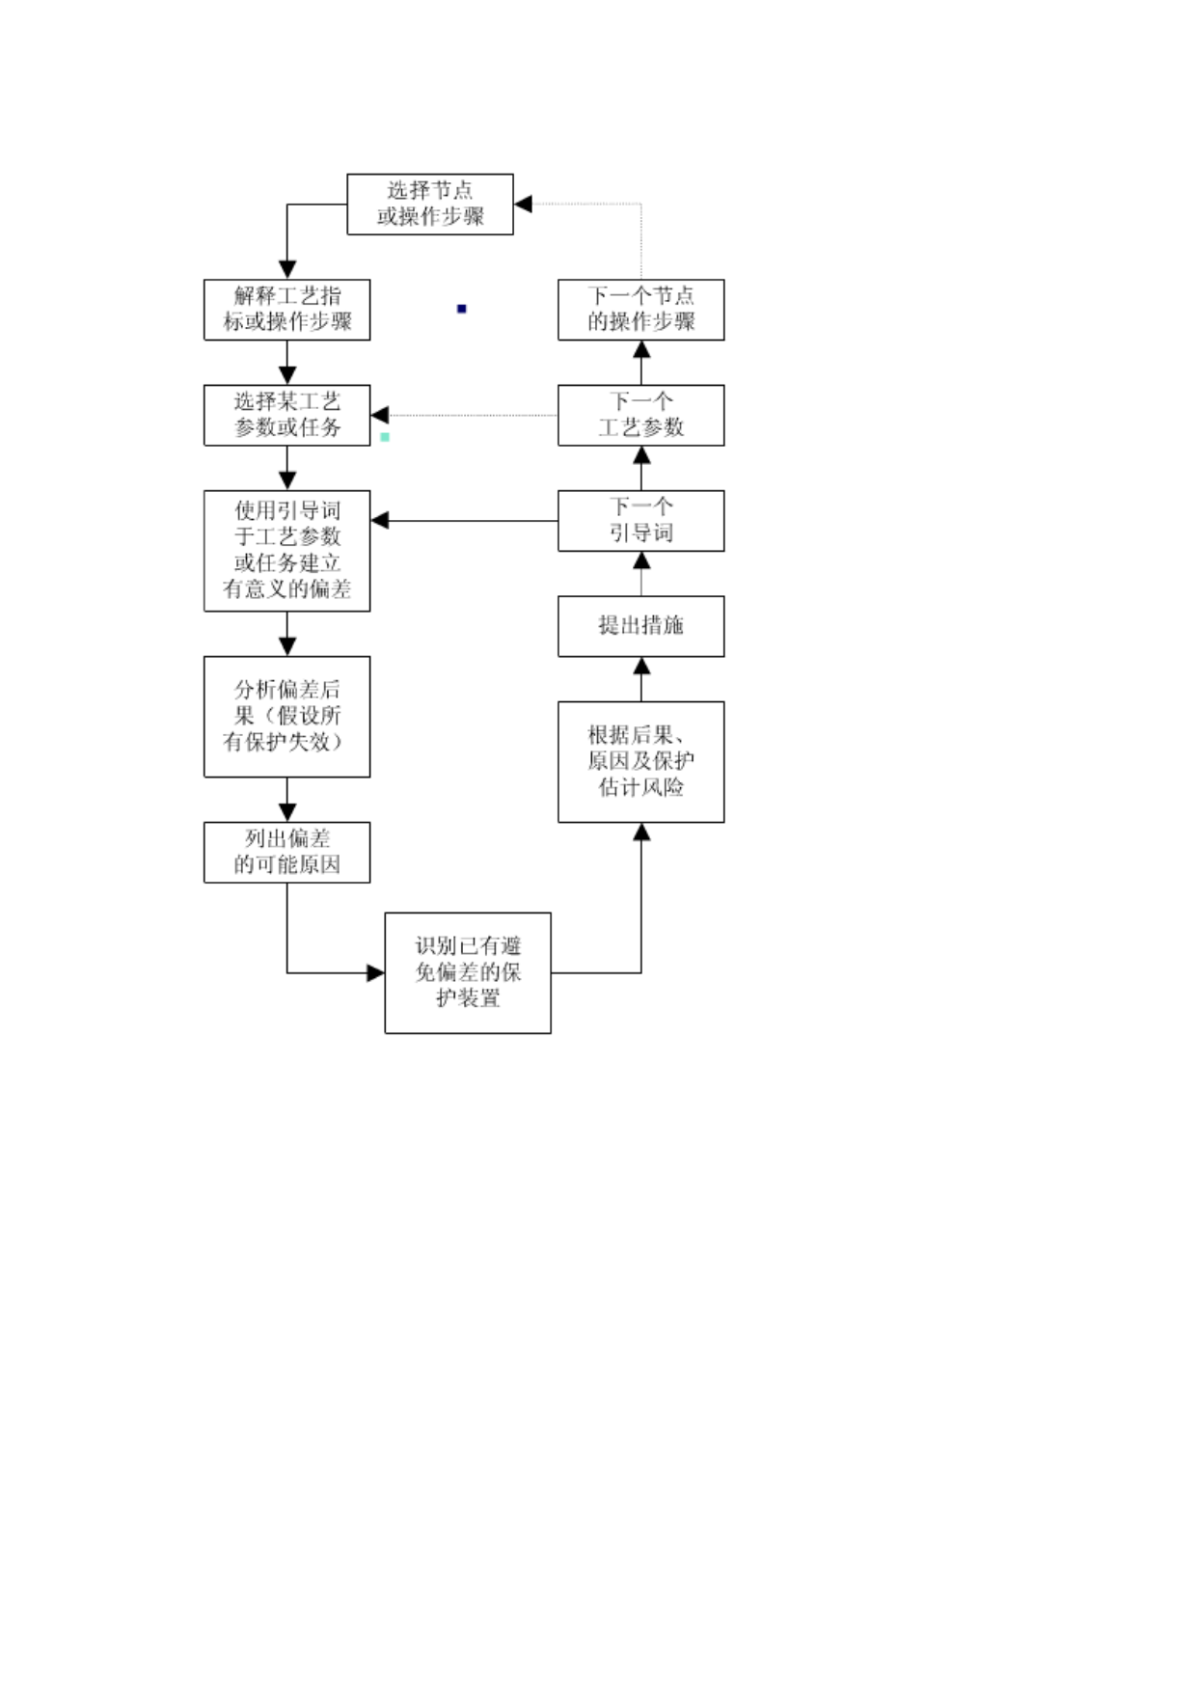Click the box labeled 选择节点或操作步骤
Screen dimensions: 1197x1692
[x=430, y=204]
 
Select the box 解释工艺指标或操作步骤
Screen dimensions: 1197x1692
[x=286, y=310]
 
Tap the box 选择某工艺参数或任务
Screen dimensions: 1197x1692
[x=286, y=415]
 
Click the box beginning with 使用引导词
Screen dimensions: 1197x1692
[x=286, y=551]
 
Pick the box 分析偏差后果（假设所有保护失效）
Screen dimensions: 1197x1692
[x=286, y=717]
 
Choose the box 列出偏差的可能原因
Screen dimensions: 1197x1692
[x=286, y=852]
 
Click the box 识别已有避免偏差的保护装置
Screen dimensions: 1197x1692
[x=468, y=972]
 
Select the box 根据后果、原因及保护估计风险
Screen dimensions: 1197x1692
[x=641, y=762]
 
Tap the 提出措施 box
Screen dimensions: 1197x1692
[x=641, y=626]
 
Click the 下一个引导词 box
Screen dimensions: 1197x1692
[x=641, y=521]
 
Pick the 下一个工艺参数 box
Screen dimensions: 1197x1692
[x=641, y=415]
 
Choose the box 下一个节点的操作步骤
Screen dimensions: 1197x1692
[x=641, y=310]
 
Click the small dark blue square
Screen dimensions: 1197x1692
[x=462, y=309]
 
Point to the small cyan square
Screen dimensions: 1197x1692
[x=385, y=437]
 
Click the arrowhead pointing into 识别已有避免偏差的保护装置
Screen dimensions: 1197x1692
[x=376, y=972]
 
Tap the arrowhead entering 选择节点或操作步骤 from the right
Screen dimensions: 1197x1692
[x=523, y=204]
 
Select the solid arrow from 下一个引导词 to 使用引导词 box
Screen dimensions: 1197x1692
[x=464, y=521]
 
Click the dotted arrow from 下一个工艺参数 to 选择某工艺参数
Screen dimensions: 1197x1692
[x=464, y=415]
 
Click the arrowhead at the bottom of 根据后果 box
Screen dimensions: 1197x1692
[x=641, y=832]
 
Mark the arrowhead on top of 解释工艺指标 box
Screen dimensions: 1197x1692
[x=286, y=270]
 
